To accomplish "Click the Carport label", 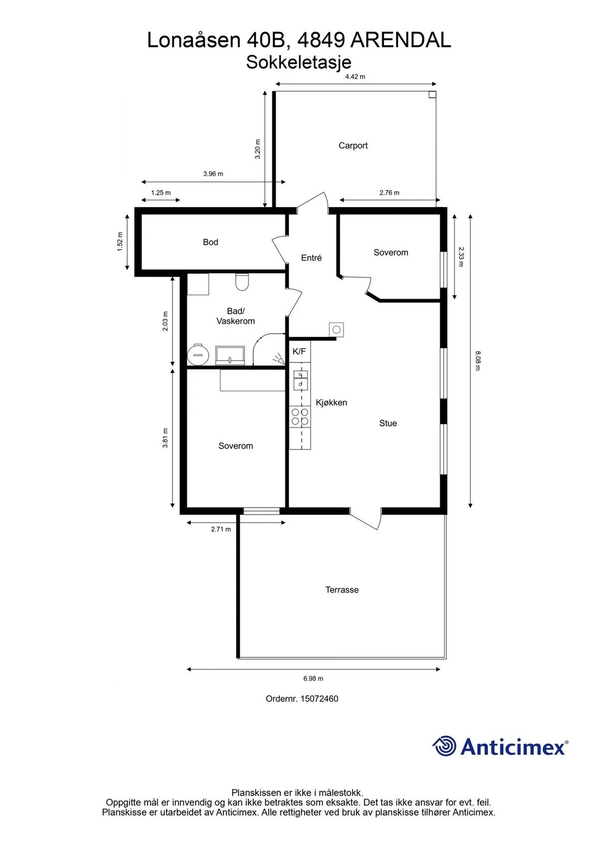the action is click(x=353, y=146).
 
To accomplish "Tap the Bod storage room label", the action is click(x=210, y=242).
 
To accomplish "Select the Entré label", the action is click(x=311, y=258).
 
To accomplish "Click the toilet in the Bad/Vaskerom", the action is click(x=241, y=282).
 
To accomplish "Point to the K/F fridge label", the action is click(x=299, y=352).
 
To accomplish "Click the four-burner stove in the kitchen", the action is click(x=300, y=417).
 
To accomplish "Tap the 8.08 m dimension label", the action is click(x=478, y=361).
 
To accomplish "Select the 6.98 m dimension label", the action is click(x=313, y=679).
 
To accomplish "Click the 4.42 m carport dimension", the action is click(x=355, y=77).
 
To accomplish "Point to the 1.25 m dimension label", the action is click(x=161, y=193).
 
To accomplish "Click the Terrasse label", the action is click(x=342, y=590).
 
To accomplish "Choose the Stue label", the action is click(x=388, y=423).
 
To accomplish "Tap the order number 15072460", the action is click(x=319, y=699).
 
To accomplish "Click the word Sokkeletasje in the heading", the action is click(x=299, y=63).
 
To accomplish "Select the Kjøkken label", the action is click(x=332, y=403).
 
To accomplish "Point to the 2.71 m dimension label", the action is click(x=221, y=529).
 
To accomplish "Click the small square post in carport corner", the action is click(x=432, y=94).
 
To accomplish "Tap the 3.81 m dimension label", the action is click(x=165, y=438).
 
